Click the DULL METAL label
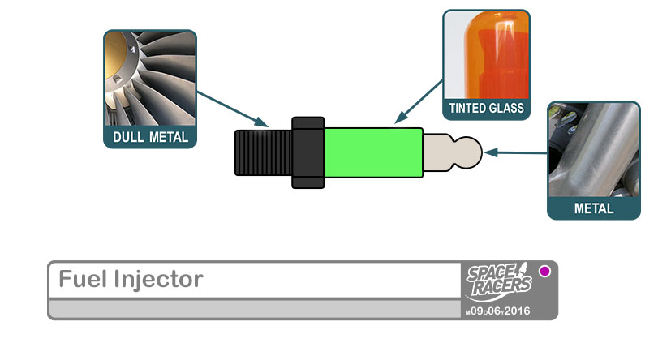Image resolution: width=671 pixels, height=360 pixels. coord(151,137)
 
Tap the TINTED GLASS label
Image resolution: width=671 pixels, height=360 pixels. coord(487,107)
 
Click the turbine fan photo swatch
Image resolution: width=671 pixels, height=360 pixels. coord(150,79)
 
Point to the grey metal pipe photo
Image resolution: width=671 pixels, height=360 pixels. coord(594,150)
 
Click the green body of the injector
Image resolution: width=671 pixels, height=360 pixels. coord(373,152)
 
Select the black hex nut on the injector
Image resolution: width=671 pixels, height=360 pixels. coord(308,152)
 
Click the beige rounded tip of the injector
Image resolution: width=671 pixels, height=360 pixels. coord(454,152)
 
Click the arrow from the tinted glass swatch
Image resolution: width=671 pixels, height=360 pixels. coord(419,101)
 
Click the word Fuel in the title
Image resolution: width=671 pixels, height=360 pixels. coord(79,280)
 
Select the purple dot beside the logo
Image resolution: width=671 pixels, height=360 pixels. coord(544,272)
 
